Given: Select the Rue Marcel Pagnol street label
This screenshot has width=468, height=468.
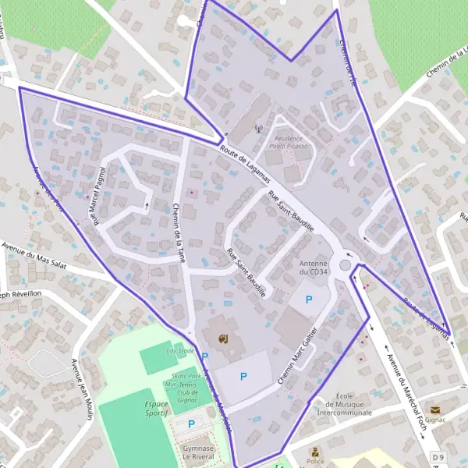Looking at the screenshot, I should point(99,195).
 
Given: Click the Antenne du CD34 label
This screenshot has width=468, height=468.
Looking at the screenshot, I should point(314,268).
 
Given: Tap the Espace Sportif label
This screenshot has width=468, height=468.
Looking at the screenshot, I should point(156,409).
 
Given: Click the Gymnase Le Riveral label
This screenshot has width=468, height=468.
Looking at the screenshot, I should point(199,454).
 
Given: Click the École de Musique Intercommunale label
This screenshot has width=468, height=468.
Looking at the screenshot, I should point(349,404).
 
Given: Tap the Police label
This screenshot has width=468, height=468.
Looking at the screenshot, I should point(315,462).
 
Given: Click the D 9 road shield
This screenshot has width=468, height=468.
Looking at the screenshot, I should point(438,457).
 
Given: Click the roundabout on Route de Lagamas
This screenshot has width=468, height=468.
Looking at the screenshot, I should point(346,265).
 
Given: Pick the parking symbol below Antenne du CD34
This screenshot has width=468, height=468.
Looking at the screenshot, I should point(309,299).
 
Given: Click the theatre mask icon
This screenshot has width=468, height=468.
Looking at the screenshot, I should point(222,338).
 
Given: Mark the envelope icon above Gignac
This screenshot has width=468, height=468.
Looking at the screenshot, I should point(434,409).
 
